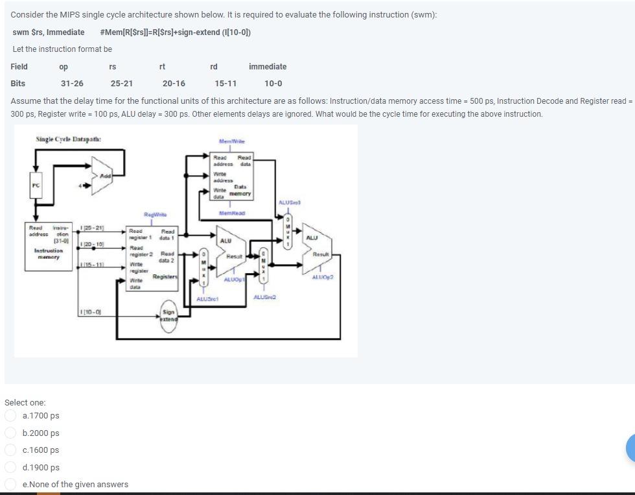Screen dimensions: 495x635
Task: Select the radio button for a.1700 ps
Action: click(x=10, y=416)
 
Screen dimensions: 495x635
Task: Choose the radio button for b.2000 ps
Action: click(x=10, y=433)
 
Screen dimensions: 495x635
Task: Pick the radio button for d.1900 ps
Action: click(x=10, y=467)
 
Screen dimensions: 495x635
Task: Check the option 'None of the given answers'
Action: click(x=10, y=484)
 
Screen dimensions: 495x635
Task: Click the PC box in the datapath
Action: click(x=36, y=186)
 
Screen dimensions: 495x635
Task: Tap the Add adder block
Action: click(x=104, y=176)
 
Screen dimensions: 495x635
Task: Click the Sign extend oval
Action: click(x=168, y=316)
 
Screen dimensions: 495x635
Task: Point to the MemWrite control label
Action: click(x=231, y=141)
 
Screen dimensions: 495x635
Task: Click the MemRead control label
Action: click(x=231, y=213)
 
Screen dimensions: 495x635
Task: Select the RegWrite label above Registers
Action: click(x=156, y=214)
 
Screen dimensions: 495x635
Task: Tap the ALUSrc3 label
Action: click(x=286, y=203)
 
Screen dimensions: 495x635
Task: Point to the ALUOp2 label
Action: click(x=322, y=277)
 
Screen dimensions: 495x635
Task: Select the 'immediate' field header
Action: click(x=267, y=67)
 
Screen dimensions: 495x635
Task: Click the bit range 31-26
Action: click(x=72, y=84)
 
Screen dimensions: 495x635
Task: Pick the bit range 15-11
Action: click(x=225, y=84)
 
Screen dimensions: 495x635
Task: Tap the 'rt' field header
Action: click(x=162, y=67)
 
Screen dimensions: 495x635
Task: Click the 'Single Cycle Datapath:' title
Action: click(x=68, y=139)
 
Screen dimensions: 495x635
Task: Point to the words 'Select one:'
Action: click(x=25, y=402)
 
